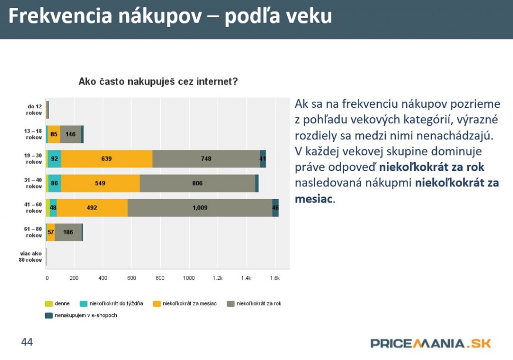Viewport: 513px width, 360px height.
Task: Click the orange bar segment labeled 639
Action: (106, 158)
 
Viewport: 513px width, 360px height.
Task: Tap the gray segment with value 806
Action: (197, 183)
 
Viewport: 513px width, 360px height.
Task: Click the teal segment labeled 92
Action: (55, 158)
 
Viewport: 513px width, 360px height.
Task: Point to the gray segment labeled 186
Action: (68, 232)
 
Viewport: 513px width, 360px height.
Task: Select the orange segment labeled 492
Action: (92, 208)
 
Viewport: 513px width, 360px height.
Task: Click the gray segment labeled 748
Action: (206, 158)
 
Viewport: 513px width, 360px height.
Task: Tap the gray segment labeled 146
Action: (71, 134)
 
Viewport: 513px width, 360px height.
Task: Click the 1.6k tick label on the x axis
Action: (275, 278)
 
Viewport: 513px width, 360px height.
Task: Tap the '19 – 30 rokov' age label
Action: (34, 158)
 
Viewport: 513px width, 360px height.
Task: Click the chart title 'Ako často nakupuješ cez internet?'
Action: (158, 82)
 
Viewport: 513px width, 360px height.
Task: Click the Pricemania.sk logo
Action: (431, 343)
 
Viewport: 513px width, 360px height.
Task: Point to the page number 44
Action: (27, 342)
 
